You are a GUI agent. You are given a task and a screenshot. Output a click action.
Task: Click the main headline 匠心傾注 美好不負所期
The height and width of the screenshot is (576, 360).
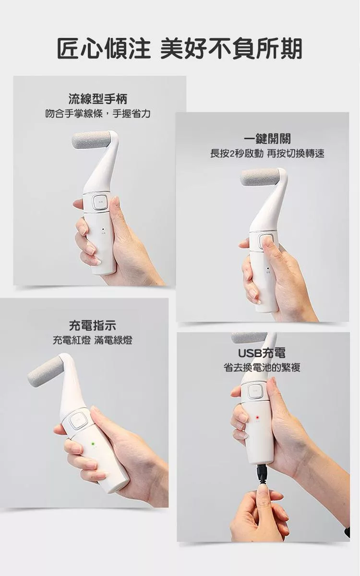180,48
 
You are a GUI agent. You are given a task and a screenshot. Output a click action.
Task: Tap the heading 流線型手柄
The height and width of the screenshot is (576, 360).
98,99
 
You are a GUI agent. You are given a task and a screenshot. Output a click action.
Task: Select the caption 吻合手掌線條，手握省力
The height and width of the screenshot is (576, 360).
98,113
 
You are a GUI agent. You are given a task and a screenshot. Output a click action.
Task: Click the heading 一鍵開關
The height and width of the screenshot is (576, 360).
267,139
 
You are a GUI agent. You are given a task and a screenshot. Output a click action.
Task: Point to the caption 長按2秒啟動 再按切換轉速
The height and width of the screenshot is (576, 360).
267,154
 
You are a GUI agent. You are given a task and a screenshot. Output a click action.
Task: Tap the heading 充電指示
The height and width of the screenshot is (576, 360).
93,325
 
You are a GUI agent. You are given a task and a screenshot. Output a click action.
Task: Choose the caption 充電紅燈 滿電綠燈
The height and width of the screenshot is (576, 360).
93,340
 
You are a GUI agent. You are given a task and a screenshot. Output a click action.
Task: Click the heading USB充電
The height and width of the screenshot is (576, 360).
262,353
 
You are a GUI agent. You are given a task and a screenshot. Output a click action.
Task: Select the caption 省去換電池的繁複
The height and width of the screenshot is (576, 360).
262,368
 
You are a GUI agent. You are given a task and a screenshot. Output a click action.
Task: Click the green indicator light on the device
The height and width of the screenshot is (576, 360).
93,444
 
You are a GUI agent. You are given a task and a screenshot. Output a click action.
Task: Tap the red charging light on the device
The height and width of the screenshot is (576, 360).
257,417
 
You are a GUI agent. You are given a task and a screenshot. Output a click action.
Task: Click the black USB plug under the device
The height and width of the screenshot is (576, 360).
263,472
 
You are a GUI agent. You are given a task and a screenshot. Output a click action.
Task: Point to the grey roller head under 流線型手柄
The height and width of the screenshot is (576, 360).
91,141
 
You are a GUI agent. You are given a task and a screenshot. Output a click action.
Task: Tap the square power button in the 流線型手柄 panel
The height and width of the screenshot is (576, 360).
100,203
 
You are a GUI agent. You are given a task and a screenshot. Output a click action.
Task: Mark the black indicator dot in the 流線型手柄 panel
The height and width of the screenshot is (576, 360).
103,228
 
